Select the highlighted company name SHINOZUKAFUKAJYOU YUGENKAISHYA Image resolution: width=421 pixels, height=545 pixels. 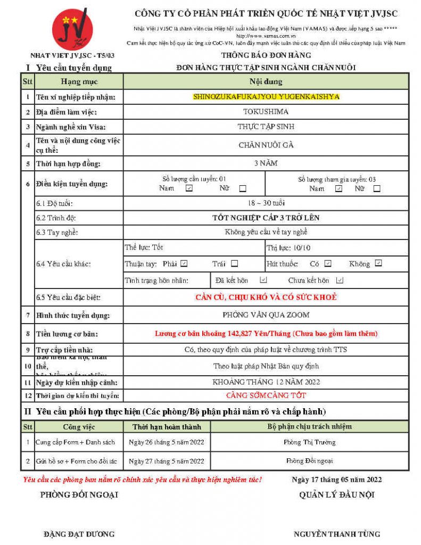pyautogui.click(x=266, y=97)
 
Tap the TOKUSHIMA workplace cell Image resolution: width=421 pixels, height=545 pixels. pyautogui.click(x=266, y=112)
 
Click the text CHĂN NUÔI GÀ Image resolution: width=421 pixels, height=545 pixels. pyautogui.click(x=266, y=145)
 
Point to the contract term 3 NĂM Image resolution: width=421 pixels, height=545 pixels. pyautogui.click(x=266, y=163)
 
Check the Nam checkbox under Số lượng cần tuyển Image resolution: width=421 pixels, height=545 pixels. pyautogui.click(x=189, y=188)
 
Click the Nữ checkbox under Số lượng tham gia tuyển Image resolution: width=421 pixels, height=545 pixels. pyautogui.click(x=377, y=188)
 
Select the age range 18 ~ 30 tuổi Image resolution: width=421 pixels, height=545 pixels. pyautogui.click(x=266, y=203)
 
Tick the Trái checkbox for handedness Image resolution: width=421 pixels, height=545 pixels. pyautogui.click(x=235, y=263)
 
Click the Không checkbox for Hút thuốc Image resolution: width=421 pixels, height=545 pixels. pyautogui.click(x=378, y=263)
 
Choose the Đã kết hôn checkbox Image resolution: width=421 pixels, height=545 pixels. pyautogui.click(x=263, y=280)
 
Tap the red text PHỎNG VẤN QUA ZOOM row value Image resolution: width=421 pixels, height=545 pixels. pyautogui.click(x=266, y=315)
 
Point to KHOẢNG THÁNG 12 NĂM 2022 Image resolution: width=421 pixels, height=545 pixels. pyautogui.click(x=266, y=382)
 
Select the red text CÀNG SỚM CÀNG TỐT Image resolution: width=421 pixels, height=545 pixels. pyautogui.click(x=266, y=395)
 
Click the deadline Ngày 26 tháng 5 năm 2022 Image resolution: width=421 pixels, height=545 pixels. pyautogui.click(x=167, y=442)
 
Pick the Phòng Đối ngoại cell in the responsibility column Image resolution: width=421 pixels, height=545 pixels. pyautogui.click(x=310, y=461)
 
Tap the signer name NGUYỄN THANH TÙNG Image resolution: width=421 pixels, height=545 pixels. pyautogui.click(x=337, y=534)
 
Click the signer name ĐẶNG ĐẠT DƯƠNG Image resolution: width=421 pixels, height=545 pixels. pyautogui.click(x=79, y=534)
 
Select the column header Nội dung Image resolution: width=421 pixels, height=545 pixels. pyautogui.click(x=266, y=81)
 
